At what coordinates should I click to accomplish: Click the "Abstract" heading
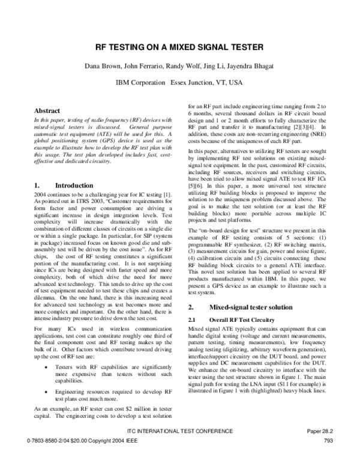tap(47, 111)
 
